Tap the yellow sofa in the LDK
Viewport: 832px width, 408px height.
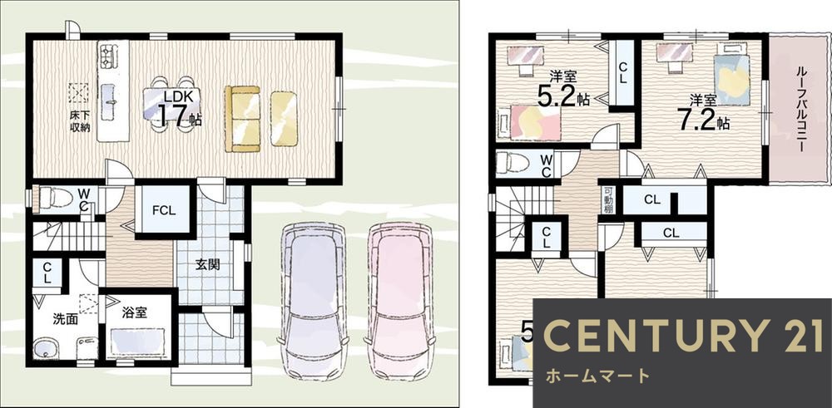(x=242, y=119)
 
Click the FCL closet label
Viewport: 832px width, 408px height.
(x=163, y=210)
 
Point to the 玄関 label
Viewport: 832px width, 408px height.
(x=207, y=265)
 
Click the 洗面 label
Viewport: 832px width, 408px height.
(x=65, y=317)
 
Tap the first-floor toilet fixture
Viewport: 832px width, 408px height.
(x=57, y=199)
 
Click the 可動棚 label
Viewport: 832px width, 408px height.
(x=607, y=200)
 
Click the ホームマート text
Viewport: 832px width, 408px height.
(x=597, y=376)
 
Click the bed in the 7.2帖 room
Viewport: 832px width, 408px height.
(x=732, y=75)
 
